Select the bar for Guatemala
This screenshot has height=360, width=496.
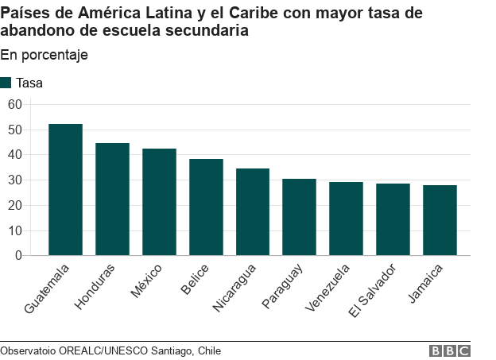point(65,189)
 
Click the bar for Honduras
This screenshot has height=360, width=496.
point(112,199)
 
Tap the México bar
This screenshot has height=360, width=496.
point(159,202)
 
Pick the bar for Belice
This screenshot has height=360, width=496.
point(206,207)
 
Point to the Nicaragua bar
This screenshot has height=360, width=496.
point(253,212)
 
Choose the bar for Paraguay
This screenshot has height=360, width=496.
point(299,217)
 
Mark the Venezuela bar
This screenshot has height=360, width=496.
point(346,219)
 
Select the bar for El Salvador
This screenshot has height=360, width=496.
point(393,219)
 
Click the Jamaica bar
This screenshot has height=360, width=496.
point(440,220)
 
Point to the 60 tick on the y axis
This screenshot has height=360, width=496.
point(15,104)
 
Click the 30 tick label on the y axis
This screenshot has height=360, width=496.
point(15,180)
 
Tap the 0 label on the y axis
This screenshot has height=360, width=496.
point(18,256)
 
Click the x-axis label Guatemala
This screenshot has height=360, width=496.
point(46,288)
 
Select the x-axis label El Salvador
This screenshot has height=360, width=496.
point(372,290)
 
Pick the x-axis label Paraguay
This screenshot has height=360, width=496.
point(282,286)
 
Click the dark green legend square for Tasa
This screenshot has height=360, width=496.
point(6,83)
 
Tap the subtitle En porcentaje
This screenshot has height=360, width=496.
point(44,55)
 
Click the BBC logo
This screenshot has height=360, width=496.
point(450,350)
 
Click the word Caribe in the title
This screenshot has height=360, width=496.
point(253,13)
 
